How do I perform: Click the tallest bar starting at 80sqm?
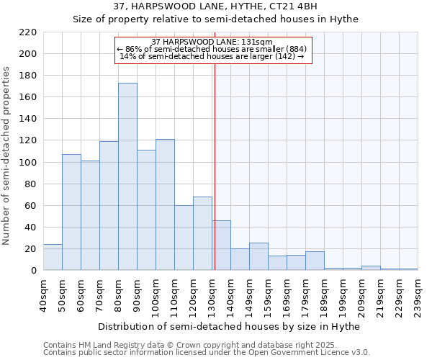pos(127,176)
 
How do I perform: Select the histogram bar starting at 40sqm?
pos(53,257)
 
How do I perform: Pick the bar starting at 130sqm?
pos(221,246)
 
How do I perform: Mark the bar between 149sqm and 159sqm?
pos(258,256)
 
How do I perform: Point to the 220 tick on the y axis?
pos(28,32)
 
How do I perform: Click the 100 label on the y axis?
pos(28,162)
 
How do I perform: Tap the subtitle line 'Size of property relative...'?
pos(215,19)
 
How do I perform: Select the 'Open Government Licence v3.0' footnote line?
pos(207,353)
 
